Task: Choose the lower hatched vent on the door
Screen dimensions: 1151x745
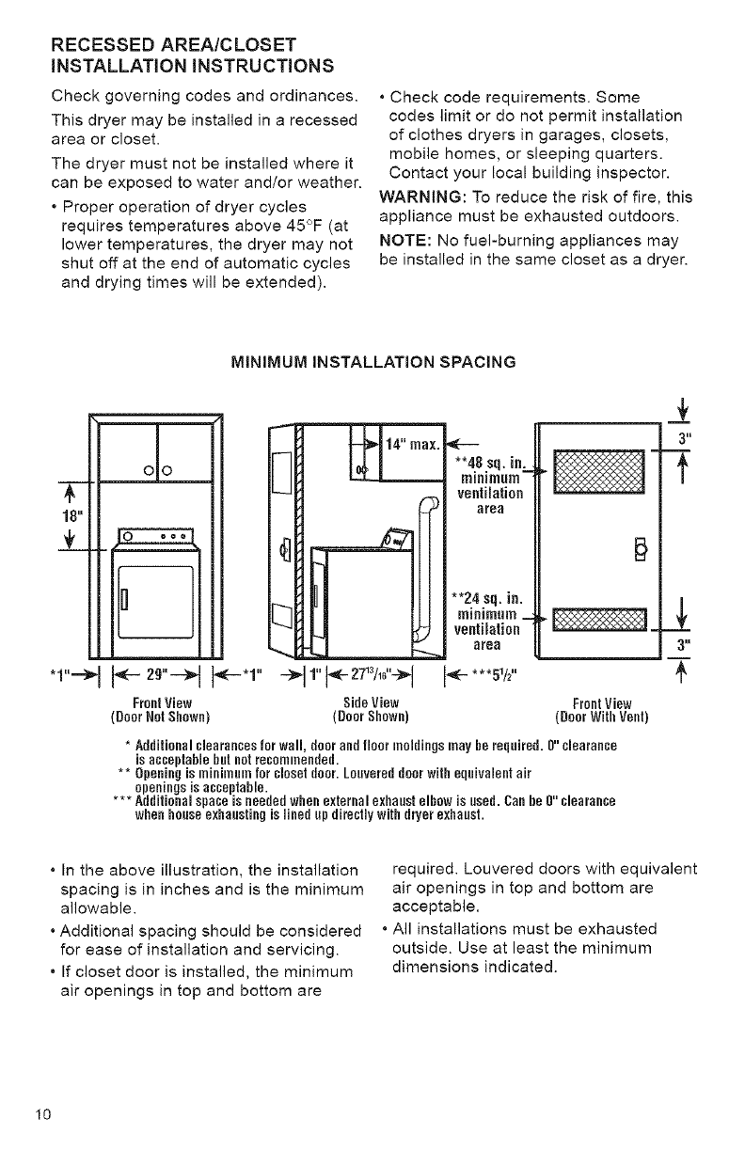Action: point(599,622)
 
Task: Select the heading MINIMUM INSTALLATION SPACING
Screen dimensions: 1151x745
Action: point(373,360)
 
